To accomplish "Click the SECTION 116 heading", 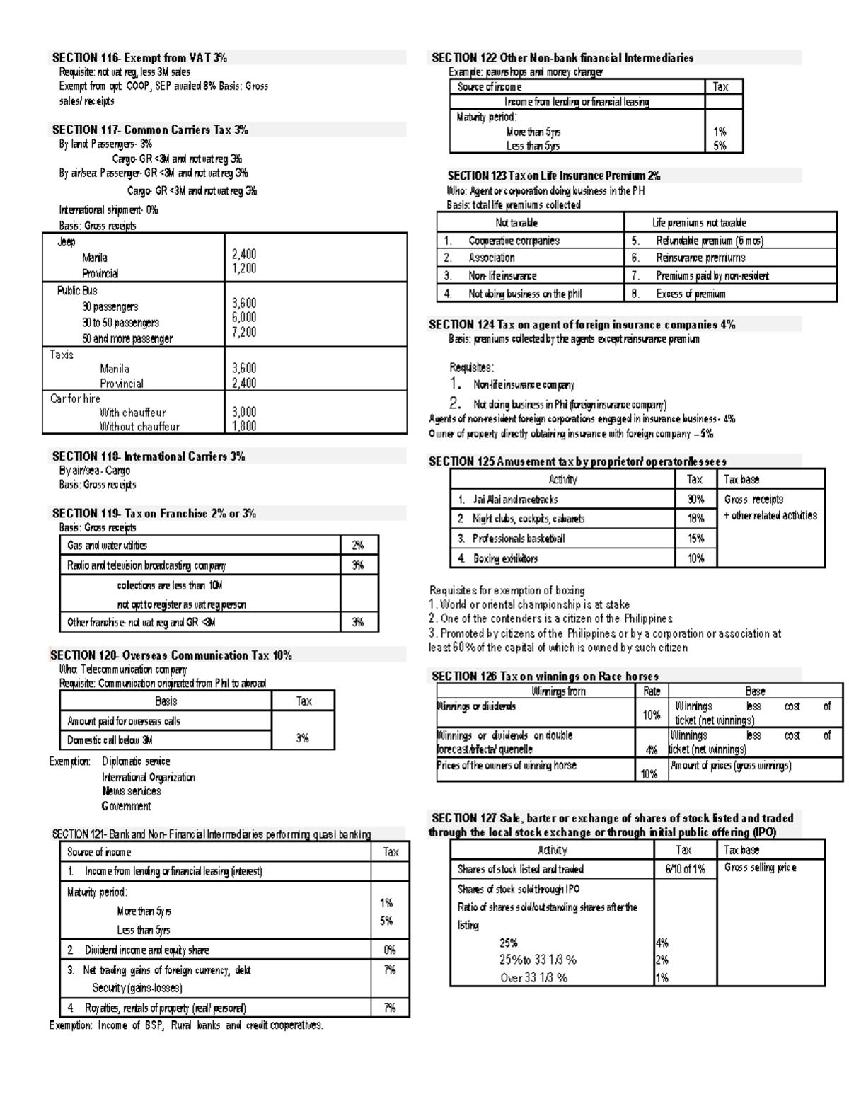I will pos(139,58).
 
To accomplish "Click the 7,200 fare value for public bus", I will pos(244,332).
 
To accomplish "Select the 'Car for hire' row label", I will pos(75,398).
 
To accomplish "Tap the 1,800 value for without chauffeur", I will pos(244,426).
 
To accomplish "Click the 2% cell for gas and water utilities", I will pos(358,546).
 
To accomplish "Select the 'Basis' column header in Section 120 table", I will pos(166,701).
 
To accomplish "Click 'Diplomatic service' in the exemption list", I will pos(136,761).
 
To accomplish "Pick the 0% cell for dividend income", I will pos(389,950).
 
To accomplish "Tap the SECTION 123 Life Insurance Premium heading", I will pos(553,176).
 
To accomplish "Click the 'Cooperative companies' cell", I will pos(514,241).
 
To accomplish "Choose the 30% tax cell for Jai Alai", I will pos(695,500).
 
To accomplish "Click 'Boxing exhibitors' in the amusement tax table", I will pos(505,558).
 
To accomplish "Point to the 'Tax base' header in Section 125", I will pos(741,480).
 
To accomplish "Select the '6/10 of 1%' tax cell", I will pos(684,869).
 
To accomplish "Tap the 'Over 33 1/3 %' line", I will pos(533,978).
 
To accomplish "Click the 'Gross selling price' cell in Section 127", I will pos(760,868).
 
